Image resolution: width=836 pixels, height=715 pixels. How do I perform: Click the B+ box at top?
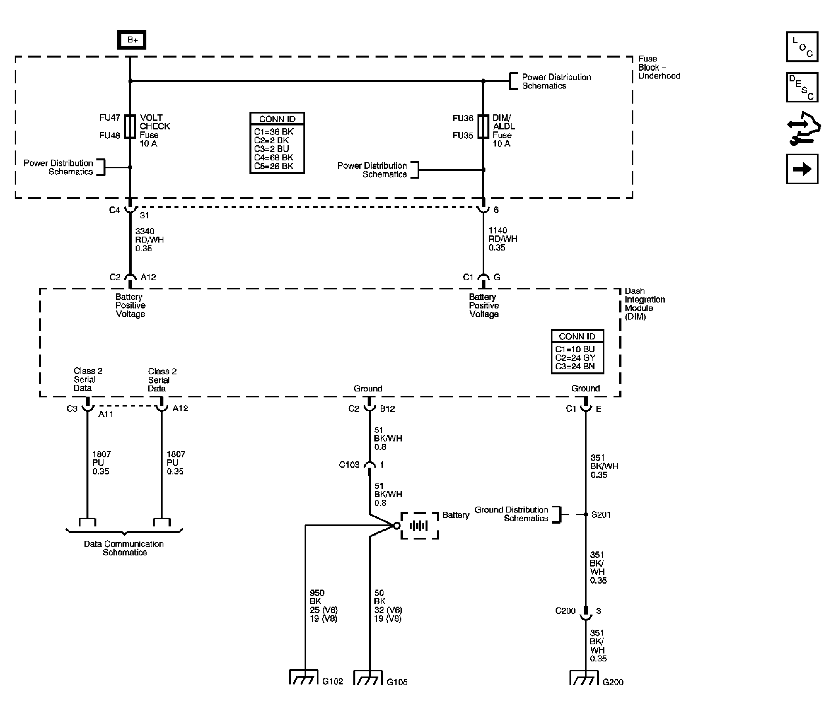(132, 40)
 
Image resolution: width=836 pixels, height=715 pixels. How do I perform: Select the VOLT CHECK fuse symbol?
(130, 127)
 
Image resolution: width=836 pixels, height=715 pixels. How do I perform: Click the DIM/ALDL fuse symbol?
(483, 127)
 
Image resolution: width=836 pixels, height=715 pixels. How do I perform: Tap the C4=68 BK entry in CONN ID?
(274, 158)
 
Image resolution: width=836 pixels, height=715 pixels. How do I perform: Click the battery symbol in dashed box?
(419, 526)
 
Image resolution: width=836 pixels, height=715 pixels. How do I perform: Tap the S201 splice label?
(601, 515)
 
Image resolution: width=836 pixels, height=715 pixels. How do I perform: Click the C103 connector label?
(349, 465)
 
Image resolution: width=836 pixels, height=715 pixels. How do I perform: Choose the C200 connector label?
(565, 611)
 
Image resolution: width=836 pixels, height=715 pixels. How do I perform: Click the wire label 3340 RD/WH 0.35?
(149, 240)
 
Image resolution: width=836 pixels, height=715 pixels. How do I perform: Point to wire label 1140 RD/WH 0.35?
(502, 239)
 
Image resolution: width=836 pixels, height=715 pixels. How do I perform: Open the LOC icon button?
(802, 47)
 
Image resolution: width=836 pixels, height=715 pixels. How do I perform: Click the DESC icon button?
(802, 87)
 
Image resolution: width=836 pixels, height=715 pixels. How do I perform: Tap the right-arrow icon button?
(802, 169)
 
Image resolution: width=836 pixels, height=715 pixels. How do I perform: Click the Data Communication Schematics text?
(124, 548)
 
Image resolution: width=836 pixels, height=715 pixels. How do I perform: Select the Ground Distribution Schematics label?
(511, 514)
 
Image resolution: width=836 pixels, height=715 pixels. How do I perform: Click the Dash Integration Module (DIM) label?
(644, 304)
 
